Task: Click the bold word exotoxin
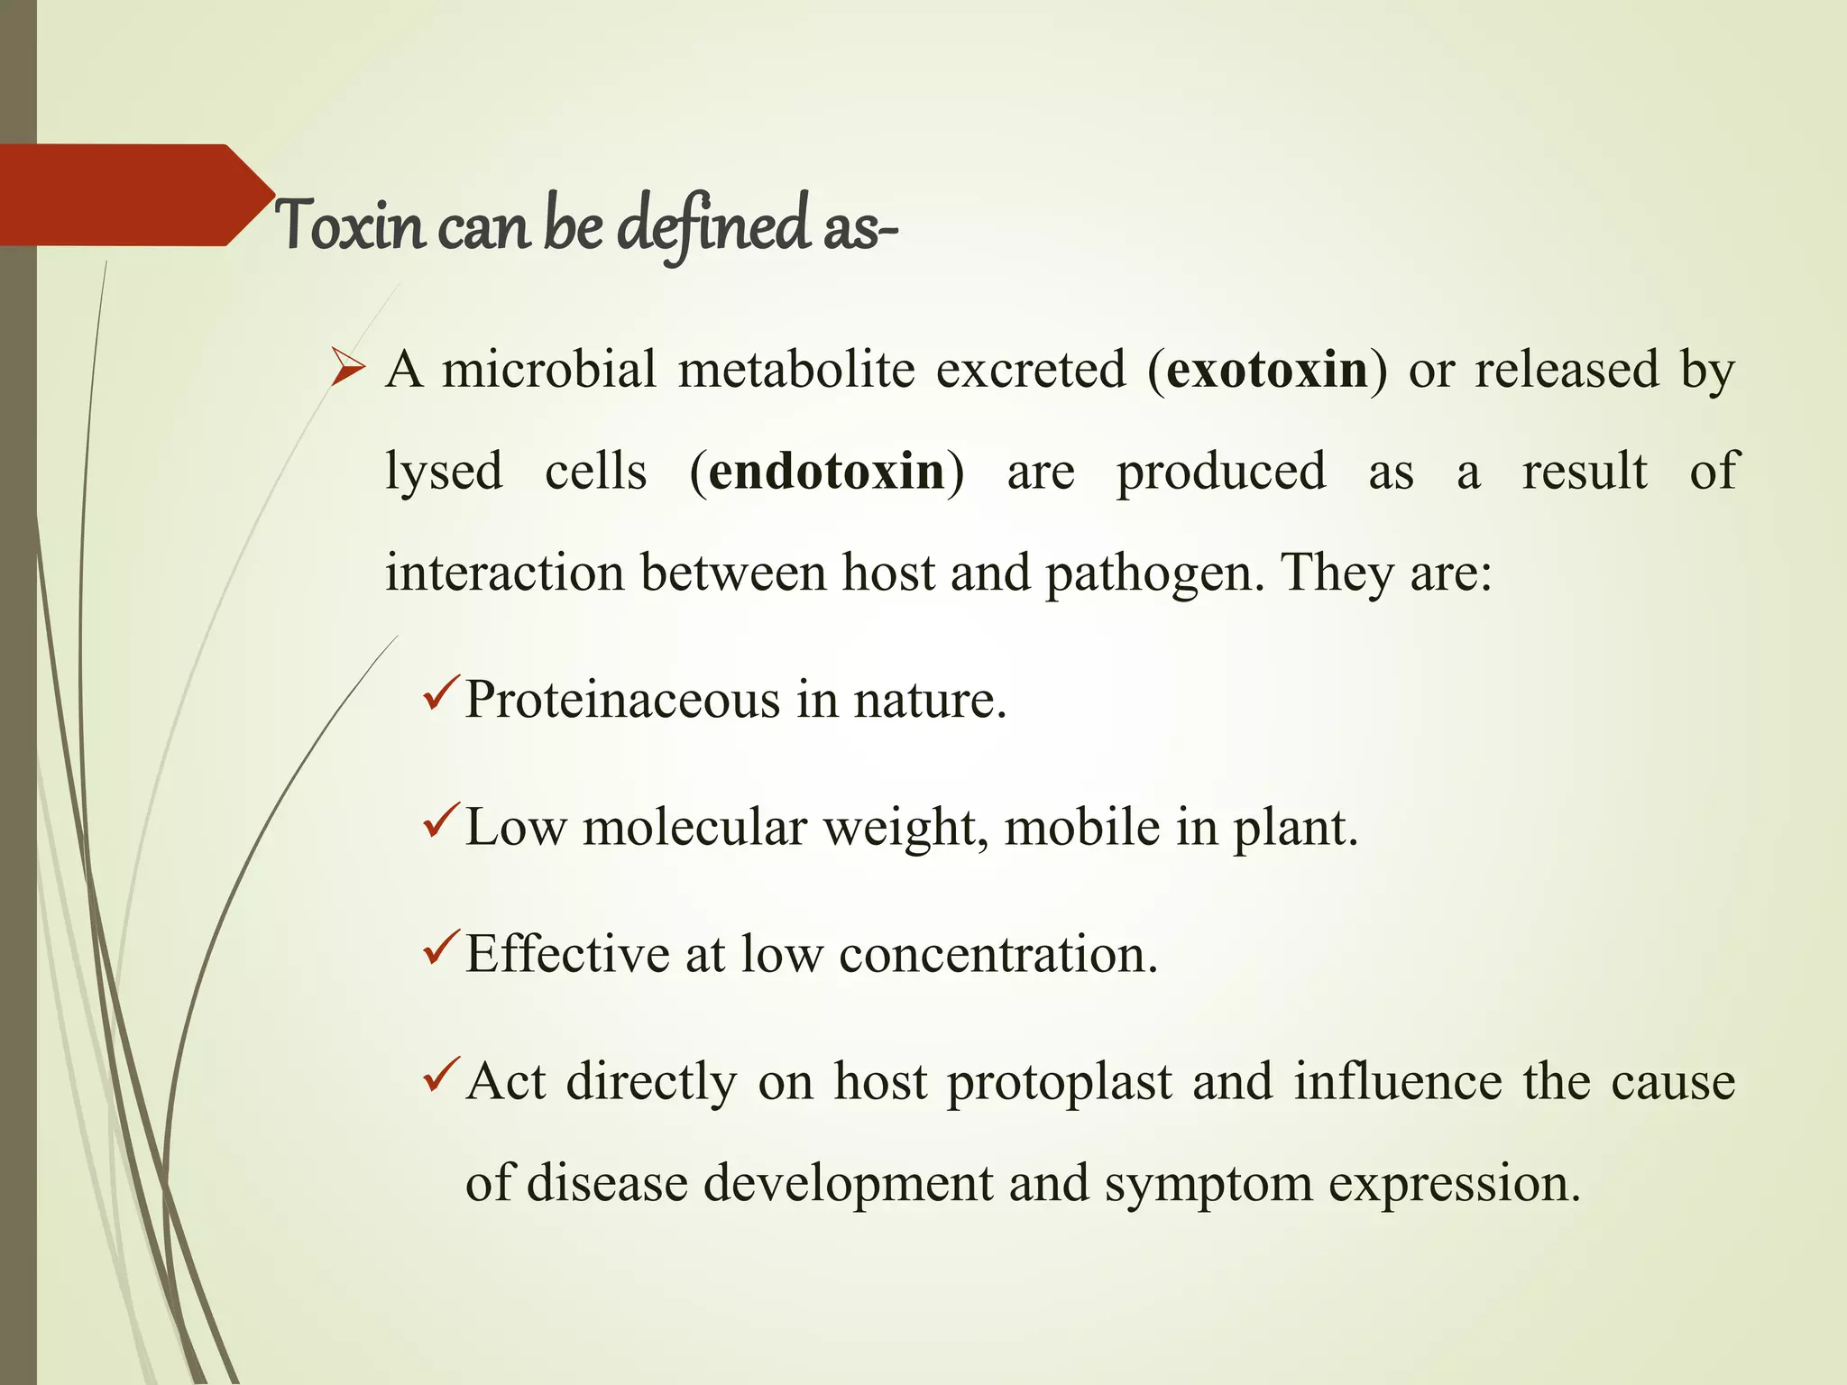(1266, 370)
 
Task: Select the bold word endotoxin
(826, 472)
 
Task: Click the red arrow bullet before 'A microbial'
(348, 369)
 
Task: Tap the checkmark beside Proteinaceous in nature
(442, 692)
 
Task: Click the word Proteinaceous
(621, 700)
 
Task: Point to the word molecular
(694, 827)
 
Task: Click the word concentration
(997, 954)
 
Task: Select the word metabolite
(796, 370)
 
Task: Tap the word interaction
(504, 573)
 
